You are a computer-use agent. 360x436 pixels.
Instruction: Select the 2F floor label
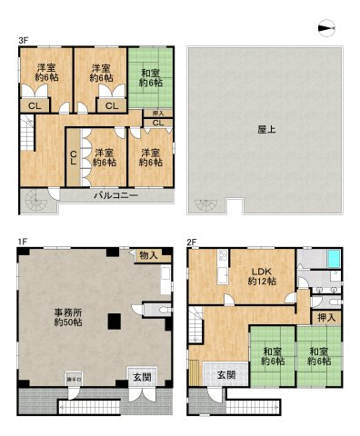click(192, 241)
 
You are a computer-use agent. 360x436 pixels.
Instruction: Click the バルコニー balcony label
click(114, 195)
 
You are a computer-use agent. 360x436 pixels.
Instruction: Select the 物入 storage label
click(148, 256)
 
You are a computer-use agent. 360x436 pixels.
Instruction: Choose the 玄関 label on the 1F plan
click(141, 377)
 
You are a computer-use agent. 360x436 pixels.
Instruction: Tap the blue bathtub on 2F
click(333, 262)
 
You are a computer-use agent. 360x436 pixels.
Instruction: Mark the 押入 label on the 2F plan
click(327, 318)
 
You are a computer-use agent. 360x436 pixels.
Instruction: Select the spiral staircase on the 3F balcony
click(35, 202)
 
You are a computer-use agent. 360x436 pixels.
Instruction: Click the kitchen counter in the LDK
click(221, 272)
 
